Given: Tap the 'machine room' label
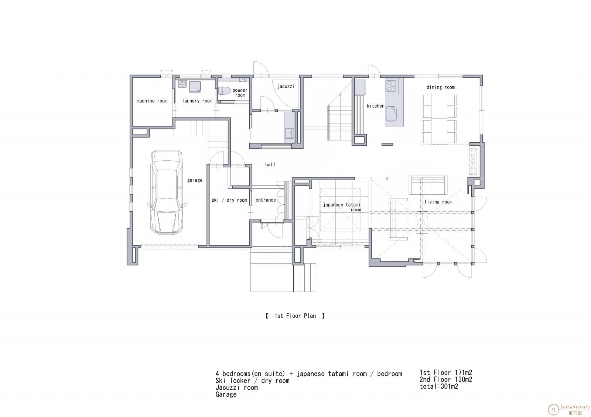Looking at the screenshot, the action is click(x=152, y=101).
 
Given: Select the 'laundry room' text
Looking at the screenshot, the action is click(x=197, y=101).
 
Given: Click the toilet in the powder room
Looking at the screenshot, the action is click(x=225, y=91).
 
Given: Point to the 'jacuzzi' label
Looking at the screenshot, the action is click(x=286, y=86).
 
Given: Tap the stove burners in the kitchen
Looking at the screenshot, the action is click(x=390, y=85).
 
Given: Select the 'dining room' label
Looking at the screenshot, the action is click(x=441, y=87).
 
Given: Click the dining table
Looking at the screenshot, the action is click(x=439, y=119).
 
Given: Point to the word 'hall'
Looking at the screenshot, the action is click(x=270, y=165).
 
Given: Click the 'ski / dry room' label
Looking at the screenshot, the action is click(x=229, y=200).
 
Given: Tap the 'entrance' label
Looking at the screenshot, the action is click(x=266, y=200).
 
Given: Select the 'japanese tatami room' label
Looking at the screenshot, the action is click(x=342, y=207).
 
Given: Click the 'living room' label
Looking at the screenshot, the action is click(x=438, y=202).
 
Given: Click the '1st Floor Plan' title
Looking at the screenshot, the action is click(x=295, y=316).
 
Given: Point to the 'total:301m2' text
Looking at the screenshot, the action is click(x=439, y=386).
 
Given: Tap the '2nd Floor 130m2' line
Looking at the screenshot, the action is click(x=446, y=380).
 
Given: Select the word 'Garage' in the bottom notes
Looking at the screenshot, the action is click(x=226, y=395).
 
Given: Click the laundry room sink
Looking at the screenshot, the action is click(x=182, y=84).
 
